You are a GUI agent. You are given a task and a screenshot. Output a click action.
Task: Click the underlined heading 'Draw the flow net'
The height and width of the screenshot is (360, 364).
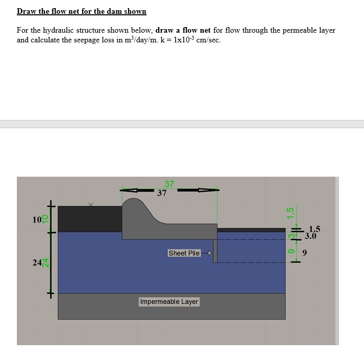pyautogui.click(x=81, y=11)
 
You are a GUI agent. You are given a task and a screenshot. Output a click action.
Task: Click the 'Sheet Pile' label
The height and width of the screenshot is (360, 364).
pyautogui.click(x=184, y=253)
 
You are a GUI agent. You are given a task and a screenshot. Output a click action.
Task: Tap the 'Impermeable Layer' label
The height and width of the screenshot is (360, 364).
pyautogui.click(x=169, y=302)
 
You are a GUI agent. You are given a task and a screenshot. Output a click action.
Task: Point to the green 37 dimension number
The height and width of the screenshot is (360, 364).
pyautogui.click(x=169, y=184)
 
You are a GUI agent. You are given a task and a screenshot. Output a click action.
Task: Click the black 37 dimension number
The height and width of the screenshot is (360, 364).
pyautogui.click(x=162, y=194)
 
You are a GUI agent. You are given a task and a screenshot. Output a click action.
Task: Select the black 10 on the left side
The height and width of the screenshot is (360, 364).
pyautogui.click(x=36, y=220)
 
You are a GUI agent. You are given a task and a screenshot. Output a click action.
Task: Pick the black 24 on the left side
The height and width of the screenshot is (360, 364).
pyautogui.click(x=37, y=262)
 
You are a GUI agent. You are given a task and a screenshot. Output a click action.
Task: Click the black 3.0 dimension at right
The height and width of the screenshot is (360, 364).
pyautogui.click(x=310, y=236)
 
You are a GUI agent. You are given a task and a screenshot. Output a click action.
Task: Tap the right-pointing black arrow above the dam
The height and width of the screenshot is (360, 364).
pyautogui.click(x=204, y=189)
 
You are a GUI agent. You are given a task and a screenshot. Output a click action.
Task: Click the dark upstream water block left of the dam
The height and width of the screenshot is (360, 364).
pyautogui.click(x=89, y=219)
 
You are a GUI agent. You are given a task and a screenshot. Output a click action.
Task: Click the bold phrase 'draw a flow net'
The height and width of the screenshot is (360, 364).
pyautogui.click(x=183, y=30)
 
